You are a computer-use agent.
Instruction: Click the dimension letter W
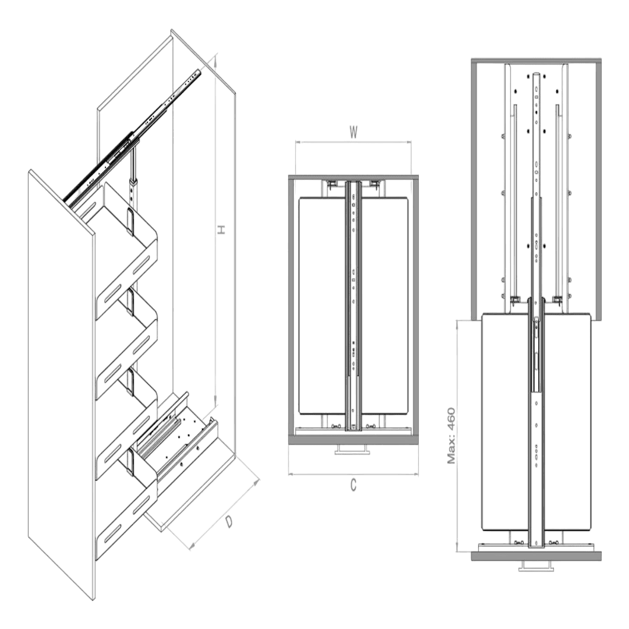(x=353, y=132)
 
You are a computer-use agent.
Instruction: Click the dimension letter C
(x=353, y=485)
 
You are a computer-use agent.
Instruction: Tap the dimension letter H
(x=221, y=230)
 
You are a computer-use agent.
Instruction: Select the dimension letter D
(x=229, y=521)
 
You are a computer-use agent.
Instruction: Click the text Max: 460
(x=451, y=436)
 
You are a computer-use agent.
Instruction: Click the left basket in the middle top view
(x=322, y=305)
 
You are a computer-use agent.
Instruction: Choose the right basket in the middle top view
(x=386, y=305)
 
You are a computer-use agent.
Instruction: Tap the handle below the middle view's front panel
(x=353, y=450)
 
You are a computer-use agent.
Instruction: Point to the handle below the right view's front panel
(x=536, y=566)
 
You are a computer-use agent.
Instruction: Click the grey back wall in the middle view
(x=353, y=177)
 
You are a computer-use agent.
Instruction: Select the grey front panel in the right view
(x=536, y=556)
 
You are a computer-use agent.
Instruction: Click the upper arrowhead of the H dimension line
(x=216, y=60)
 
